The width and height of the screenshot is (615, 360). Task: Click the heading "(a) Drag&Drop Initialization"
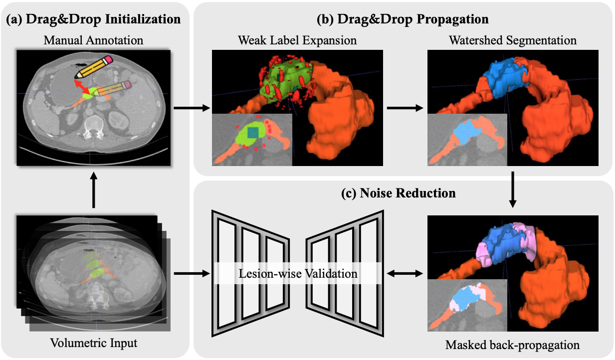[93, 20]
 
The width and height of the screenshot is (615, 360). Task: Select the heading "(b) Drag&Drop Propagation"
[402, 20]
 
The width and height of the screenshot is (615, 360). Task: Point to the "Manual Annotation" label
[93, 40]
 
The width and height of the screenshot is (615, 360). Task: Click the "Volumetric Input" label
[93, 343]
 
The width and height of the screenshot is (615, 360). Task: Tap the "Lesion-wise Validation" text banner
[298, 274]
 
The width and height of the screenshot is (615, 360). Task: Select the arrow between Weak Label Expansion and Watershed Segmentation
[405, 107]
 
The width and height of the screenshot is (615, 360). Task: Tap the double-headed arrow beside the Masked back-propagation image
[405, 273]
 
